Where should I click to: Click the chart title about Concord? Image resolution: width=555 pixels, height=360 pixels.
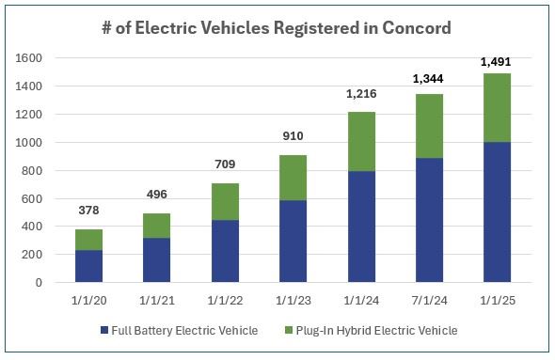coord(277,27)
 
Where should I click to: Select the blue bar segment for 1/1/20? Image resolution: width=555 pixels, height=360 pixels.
coord(89,266)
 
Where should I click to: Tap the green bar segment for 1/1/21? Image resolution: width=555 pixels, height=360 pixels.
coord(157,226)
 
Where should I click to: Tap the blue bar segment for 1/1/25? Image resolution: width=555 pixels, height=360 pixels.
coord(497,212)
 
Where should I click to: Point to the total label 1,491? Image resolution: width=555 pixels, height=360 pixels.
coord(497,62)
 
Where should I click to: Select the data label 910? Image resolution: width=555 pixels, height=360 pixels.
coord(293,137)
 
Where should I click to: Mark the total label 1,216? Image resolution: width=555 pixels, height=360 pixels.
coord(361,95)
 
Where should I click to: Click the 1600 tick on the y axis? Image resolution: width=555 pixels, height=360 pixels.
coord(31,58)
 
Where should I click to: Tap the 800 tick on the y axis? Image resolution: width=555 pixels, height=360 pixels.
coord(35,170)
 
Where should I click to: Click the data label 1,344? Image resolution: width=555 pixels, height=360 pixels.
coord(429,78)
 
